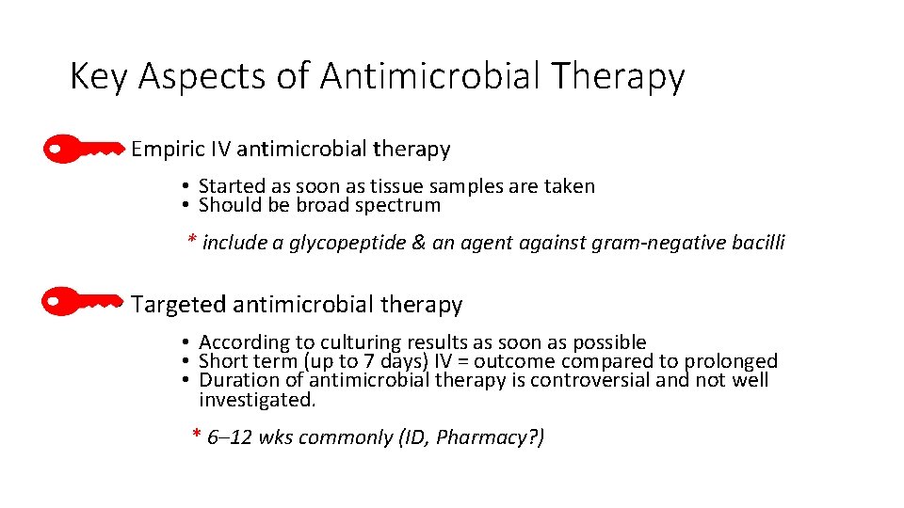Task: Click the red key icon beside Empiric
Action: click(84, 148)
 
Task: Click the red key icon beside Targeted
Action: click(84, 302)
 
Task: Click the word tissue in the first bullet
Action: click(421, 186)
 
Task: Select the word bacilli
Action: click(755, 243)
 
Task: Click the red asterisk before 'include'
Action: click(191, 242)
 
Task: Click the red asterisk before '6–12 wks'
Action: click(196, 435)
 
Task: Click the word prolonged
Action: click(731, 361)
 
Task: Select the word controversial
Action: click(589, 380)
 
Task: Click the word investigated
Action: click(256, 400)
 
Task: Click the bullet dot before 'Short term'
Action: click(188, 361)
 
